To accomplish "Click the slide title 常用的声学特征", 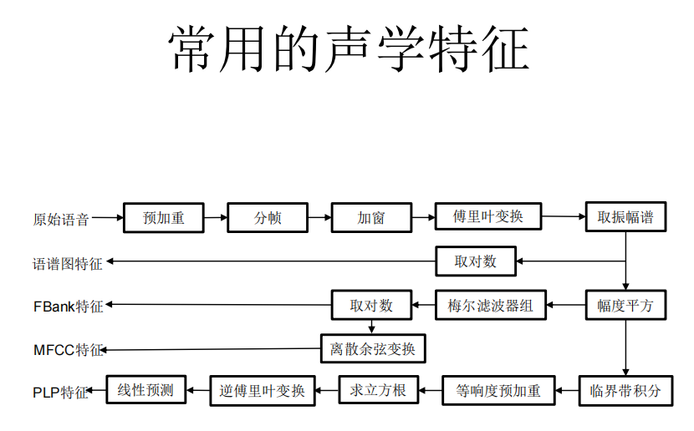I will point(349,49).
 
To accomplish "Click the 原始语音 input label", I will point(61,220).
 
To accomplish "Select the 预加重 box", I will point(164,218).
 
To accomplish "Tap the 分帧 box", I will point(268,218).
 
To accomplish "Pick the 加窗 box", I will point(371,218).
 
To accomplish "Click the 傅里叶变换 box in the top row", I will point(488,216).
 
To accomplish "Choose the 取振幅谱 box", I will point(625,218).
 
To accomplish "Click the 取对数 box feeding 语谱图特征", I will point(476,261).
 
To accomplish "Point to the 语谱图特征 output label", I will point(68,264).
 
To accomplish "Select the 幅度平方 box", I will point(625,306).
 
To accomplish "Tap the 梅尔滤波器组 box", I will point(490,305).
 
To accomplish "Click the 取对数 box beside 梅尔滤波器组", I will point(371,305).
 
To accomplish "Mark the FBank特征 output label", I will point(69,307).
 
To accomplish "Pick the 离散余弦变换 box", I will point(373,348).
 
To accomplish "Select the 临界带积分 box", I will point(625,390).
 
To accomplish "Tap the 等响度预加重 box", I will point(498,390).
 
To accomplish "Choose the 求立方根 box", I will point(378,390).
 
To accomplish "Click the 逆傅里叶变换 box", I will point(263,390).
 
